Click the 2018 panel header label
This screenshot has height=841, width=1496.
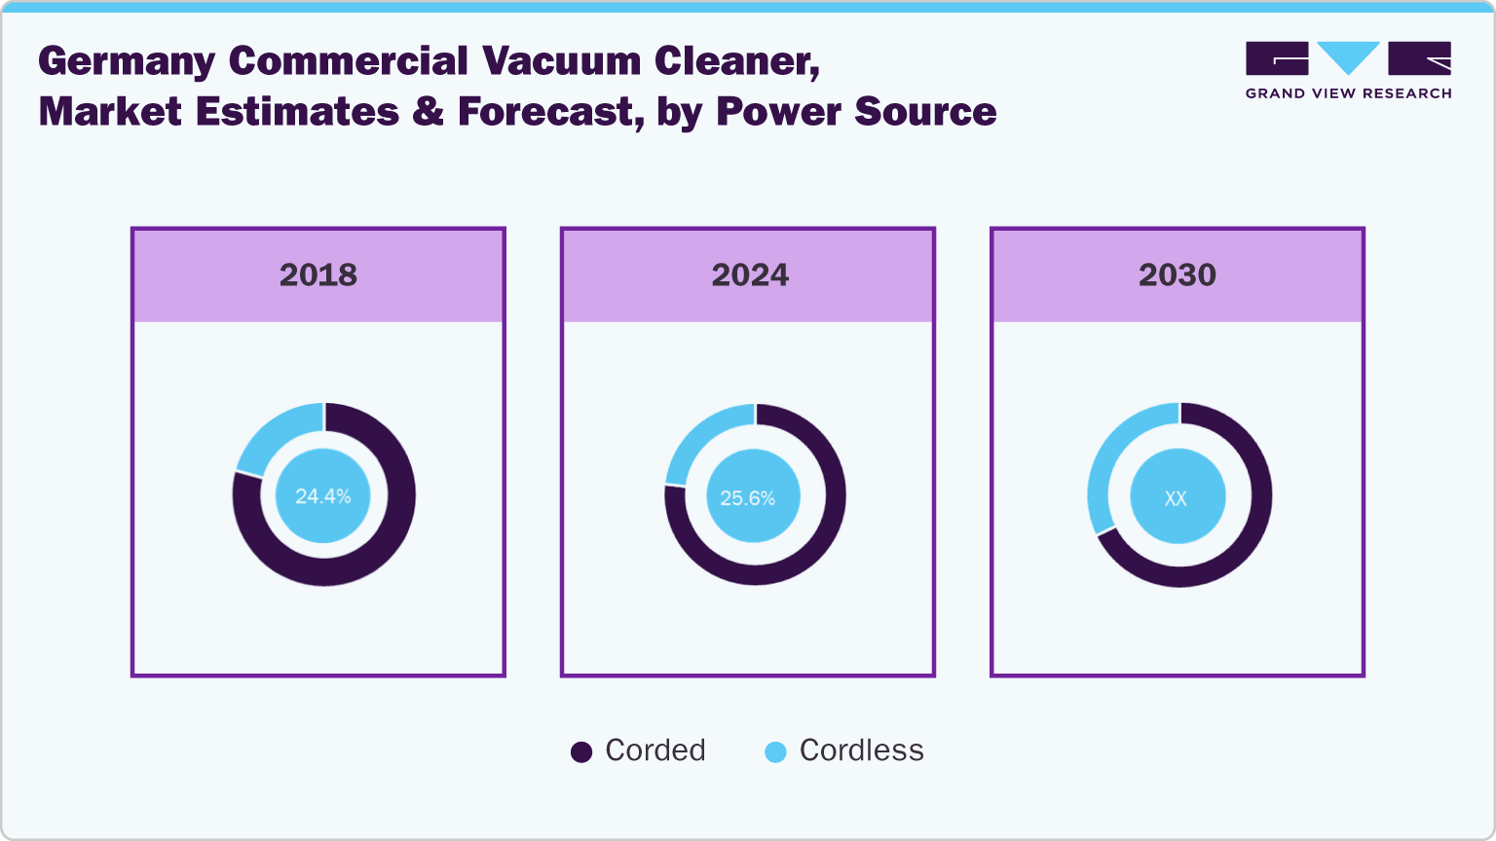(x=318, y=275)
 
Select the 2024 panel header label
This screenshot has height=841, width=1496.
(x=749, y=275)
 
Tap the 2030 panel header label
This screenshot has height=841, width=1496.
(x=1177, y=275)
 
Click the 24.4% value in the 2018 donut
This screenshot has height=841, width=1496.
(x=322, y=496)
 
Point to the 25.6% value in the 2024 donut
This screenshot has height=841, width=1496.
(x=747, y=498)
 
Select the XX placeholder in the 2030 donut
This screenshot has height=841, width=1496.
(x=1176, y=498)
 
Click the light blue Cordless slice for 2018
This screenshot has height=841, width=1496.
(x=275, y=434)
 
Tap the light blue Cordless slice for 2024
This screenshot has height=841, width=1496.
(x=702, y=437)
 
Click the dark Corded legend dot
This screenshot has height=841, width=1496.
(x=581, y=751)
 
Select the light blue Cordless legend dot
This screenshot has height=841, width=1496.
(x=775, y=751)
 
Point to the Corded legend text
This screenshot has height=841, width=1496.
(x=654, y=750)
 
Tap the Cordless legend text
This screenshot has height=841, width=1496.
(x=861, y=750)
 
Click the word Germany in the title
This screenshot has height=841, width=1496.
(x=126, y=62)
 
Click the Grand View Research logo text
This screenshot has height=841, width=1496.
(x=1348, y=93)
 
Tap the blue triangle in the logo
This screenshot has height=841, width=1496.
(x=1348, y=56)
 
